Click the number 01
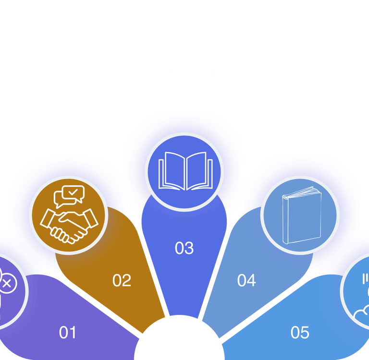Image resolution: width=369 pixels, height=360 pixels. (68, 332)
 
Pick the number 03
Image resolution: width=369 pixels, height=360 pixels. (184, 248)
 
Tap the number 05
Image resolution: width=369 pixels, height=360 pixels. (300, 332)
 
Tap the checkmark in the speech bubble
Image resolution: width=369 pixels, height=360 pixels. (73, 192)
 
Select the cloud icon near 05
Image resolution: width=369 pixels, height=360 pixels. (361, 314)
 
